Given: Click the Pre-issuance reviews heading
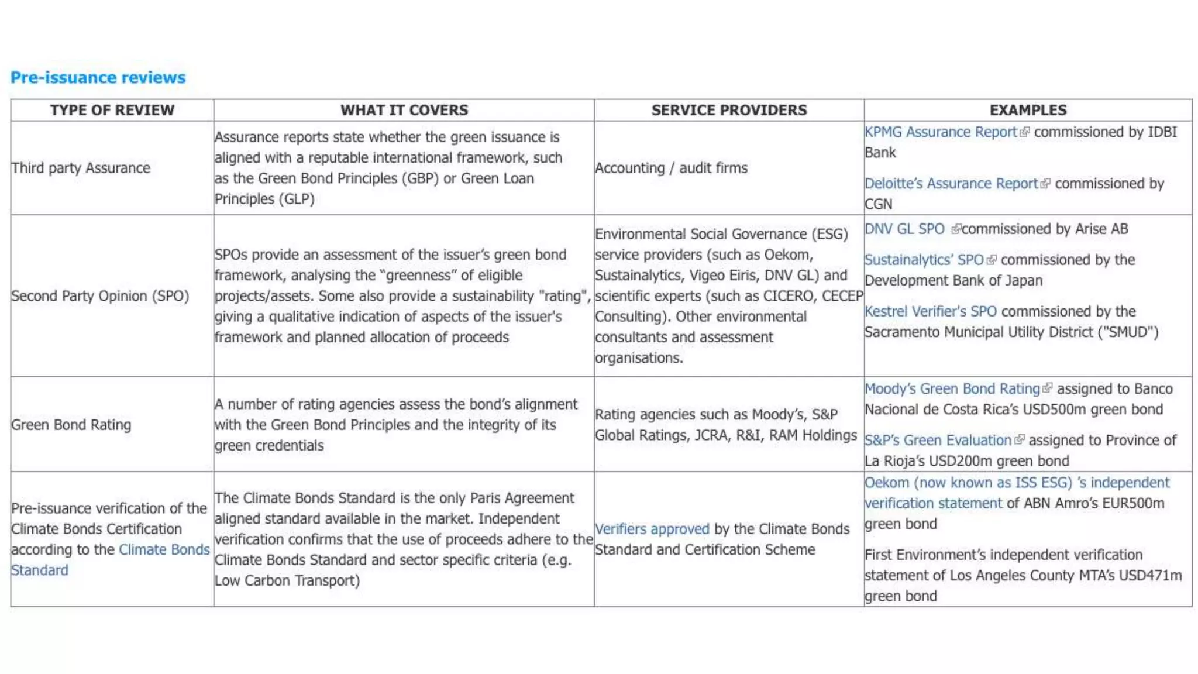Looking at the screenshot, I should pyautogui.click(x=98, y=77).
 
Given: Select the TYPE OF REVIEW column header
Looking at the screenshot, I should pyautogui.click(x=112, y=110).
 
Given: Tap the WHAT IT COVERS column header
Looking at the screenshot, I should pyautogui.click(x=404, y=110).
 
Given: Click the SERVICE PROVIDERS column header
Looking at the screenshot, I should pyautogui.click(x=729, y=110).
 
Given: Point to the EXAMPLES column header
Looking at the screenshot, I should pyautogui.click(x=1028, y=110).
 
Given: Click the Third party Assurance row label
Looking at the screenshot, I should pyautogui.click(x=81, y=168).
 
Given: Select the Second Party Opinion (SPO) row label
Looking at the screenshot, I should pyautogui.click(x=100, y=296).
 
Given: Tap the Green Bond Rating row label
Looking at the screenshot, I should pyautogui.click(x=71, y=425).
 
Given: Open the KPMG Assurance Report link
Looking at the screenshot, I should pyautogui.click(x=941, y=132).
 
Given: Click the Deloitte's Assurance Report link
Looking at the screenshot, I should pyautogui.click(x=951, y=184).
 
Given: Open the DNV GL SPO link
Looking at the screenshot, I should pyautogui.click(x=904, y=229).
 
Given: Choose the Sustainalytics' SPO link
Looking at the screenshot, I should pyautogui.click(x=924, y=260).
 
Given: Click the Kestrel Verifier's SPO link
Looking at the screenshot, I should pyautogui.click(x=930, y=311).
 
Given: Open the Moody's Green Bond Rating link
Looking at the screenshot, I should pyautogui.click(x=952, y=389).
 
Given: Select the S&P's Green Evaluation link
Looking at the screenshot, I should pyautogui.click(x=938, y=441).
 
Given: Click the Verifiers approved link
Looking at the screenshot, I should pyautogui.click(x=652, y=529).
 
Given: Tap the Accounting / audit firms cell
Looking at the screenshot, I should pyautogui.click(x=671, y=168).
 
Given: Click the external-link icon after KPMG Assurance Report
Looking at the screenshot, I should pyautogui.click(x=1024, y=133).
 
